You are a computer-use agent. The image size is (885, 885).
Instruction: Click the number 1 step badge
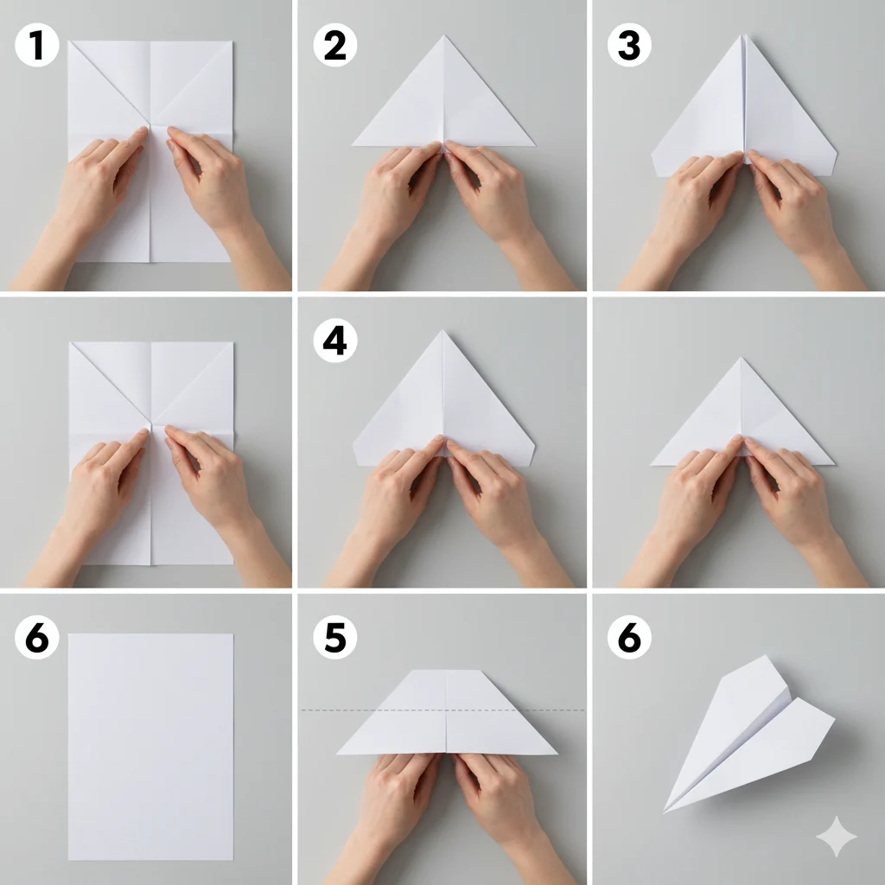[x=37, y=45]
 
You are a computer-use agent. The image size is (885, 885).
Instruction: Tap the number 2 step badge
[x=335, y=45]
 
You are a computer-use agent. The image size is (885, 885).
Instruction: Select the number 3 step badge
[x=629, y=45]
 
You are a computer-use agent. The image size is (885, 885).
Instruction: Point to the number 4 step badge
[x=335, y=341]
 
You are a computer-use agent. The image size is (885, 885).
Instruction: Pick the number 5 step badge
[x=335, y=637]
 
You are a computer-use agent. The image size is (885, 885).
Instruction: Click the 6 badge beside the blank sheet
[x=37, y=637]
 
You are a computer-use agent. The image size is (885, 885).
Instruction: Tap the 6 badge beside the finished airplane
[x=629, y=637]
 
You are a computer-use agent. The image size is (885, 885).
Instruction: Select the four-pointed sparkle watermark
[x=837, y=837]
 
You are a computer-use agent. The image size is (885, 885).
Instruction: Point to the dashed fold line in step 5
[x=443, y=710]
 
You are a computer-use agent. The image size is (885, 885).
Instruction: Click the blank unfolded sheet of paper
[x=150, y=747]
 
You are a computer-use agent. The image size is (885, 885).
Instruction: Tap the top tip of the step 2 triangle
[x=444, y=35]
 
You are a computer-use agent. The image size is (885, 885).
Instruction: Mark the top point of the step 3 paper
[x=744, y=35]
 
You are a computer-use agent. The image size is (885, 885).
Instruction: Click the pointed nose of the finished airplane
[x=665, y=812]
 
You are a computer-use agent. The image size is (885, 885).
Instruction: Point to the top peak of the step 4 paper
[x=442, y=331]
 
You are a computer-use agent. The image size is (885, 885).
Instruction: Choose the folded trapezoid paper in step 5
[x=447, y=712]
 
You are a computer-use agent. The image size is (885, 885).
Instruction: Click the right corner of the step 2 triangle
[x=534, y=145]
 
